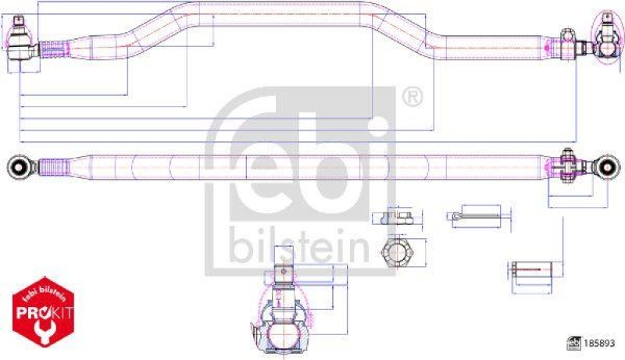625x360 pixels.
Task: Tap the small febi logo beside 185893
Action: pos(574,342)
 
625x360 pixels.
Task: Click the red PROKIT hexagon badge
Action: pos(44,313)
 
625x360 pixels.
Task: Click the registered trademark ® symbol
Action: pos(412,98)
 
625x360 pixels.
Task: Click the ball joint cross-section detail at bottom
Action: pos(286,315)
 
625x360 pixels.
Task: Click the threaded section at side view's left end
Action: pos(52,48)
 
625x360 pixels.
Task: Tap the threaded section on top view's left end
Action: pos(52,166)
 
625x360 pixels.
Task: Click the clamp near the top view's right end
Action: pos(567,165)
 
